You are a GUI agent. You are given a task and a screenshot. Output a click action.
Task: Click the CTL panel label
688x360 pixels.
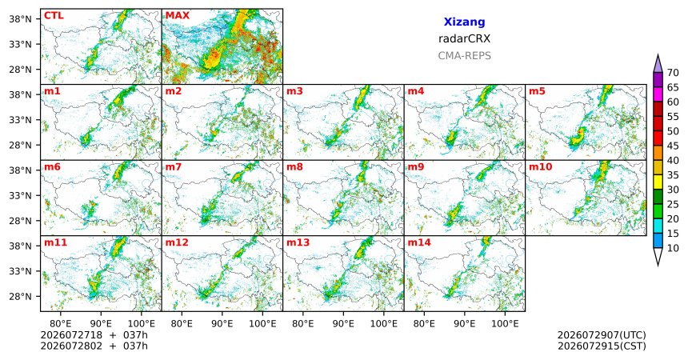[x=54, y=16]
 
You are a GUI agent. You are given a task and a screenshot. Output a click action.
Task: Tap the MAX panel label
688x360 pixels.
[x=178, y=16]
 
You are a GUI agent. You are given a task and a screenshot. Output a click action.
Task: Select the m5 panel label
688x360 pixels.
[x=537, y=91]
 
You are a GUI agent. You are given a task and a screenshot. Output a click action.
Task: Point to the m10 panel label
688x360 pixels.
[x=540, y=167]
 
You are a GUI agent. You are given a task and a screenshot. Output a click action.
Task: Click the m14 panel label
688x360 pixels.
[x=419, y=242]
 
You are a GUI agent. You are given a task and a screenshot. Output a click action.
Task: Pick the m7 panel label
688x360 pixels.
[x=174, y=167]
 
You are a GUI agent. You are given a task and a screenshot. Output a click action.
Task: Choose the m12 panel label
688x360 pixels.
[x=177, y=242]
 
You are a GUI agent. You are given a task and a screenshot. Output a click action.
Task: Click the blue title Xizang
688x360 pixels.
[x=464, y=22]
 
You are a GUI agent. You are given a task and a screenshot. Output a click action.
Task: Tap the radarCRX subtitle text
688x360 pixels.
[x=464, y=38]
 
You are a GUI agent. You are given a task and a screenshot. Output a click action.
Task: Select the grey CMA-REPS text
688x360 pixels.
[x=464, y=56]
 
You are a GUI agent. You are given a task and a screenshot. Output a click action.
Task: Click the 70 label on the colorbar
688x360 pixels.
[x=673, y=73]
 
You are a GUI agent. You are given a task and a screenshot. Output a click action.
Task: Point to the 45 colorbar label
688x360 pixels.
[x=673, y=146]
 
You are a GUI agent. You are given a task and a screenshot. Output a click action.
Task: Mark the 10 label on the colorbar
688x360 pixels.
[x=673, y=248]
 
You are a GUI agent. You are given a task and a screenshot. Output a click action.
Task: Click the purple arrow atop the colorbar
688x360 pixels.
[x=658, y=64]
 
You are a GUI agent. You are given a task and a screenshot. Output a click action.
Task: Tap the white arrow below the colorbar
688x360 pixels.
[x=658, y=257]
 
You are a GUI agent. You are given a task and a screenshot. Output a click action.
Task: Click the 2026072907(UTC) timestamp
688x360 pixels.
[x=602, y=335]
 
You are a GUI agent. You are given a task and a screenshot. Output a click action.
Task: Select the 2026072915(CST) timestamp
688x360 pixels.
[x=602, y=346]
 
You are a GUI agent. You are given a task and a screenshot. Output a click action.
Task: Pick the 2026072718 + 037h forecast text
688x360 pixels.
[x=94, y=335]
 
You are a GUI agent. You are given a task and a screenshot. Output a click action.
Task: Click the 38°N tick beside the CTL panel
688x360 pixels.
[x=20, y=19]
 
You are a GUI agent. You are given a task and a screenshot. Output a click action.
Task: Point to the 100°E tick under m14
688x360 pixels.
[x=505, y=324]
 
